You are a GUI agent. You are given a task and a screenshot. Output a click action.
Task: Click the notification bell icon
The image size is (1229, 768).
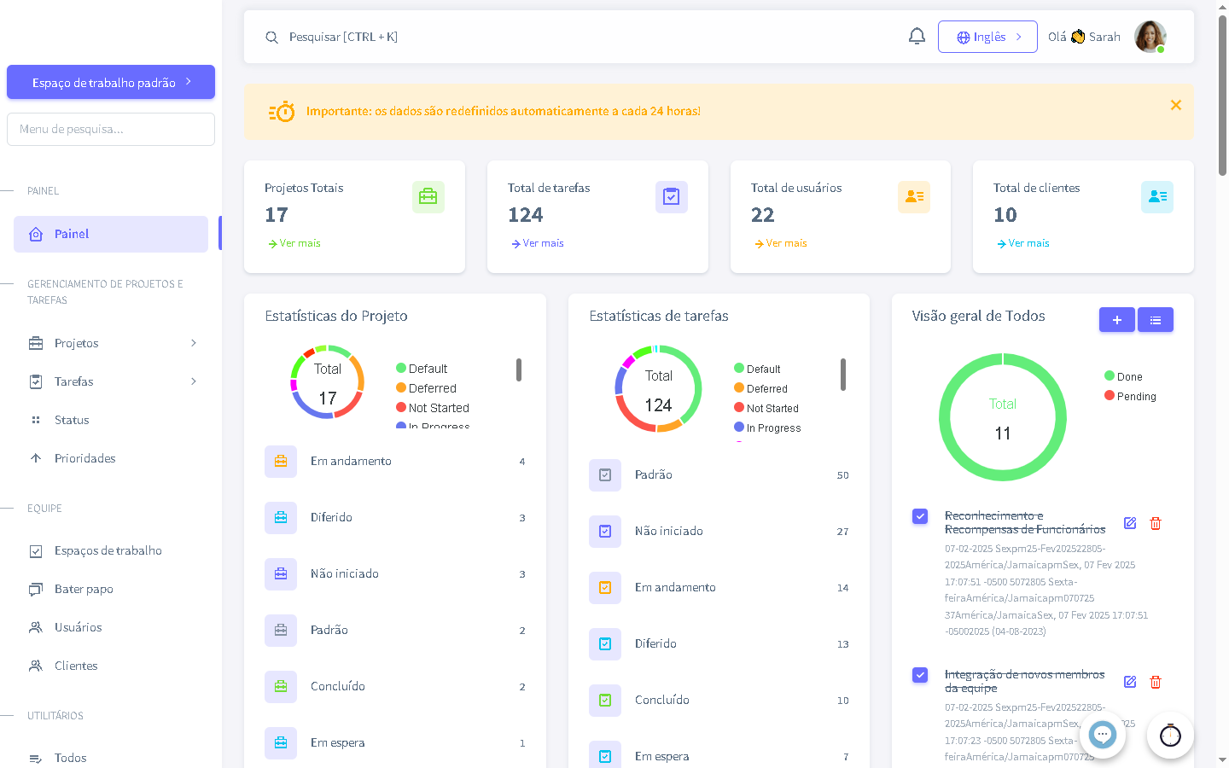coord(917,37)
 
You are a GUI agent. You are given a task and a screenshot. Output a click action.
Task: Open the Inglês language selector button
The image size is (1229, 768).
coord(987,37)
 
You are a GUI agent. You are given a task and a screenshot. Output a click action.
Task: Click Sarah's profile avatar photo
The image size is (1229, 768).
coord(1150,37)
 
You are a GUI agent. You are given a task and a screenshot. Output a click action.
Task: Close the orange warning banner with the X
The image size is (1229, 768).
coord(1175,105)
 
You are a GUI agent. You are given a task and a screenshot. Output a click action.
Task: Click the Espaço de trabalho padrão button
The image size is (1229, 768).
coord(111,83)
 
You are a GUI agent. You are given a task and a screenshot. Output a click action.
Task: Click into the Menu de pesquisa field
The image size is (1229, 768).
coord(111,130)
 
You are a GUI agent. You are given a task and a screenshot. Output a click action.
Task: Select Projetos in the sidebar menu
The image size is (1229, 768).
coord(77,343)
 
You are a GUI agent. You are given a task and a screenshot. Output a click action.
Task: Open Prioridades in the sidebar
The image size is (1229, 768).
coord(84,458)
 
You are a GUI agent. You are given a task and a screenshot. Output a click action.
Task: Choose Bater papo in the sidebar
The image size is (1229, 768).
coord(84,589)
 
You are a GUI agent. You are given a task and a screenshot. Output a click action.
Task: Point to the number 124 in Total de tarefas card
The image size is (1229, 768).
coord(526,215)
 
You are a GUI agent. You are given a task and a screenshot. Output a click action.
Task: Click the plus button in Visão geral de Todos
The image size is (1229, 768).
coord(1116,320)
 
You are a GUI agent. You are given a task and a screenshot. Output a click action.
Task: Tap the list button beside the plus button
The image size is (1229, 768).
coord(1156,320)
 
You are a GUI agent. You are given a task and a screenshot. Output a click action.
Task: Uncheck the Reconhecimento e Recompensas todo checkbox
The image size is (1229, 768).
coord(920,516)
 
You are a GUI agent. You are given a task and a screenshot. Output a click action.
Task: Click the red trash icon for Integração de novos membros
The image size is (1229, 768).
coord(1156,682)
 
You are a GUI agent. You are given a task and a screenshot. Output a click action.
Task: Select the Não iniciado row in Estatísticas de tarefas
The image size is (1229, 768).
coord(668,531)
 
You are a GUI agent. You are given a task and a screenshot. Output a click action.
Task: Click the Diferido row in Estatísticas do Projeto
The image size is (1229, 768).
coord(331,517)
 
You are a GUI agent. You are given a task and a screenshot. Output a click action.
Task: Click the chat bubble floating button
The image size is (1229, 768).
coord(1103,734)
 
